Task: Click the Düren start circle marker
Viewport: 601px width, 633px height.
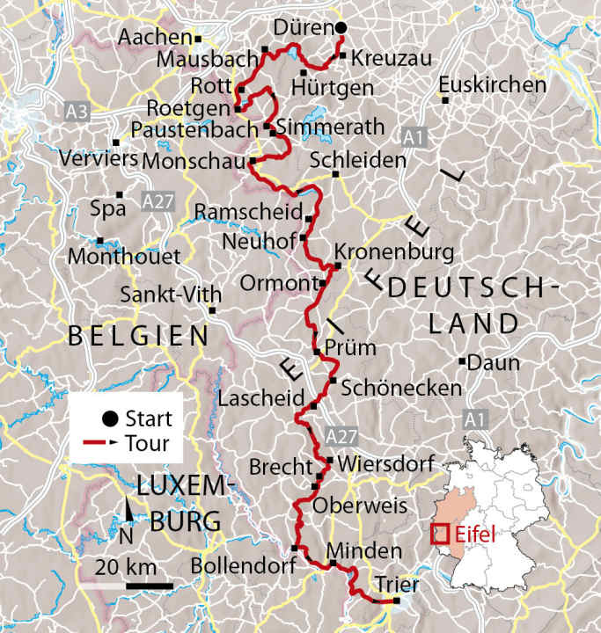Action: (x=341, y=28)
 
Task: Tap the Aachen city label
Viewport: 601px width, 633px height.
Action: (x=154, y=38)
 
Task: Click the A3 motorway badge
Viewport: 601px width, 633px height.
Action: (x=77, y=112)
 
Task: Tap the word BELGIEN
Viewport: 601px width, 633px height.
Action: (x=139, y=335)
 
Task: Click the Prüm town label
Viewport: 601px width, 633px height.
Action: (x=350, y=348)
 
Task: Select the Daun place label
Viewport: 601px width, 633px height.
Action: (x=495, y=363)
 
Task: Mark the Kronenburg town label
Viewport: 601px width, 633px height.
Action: (x=393, y=253)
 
